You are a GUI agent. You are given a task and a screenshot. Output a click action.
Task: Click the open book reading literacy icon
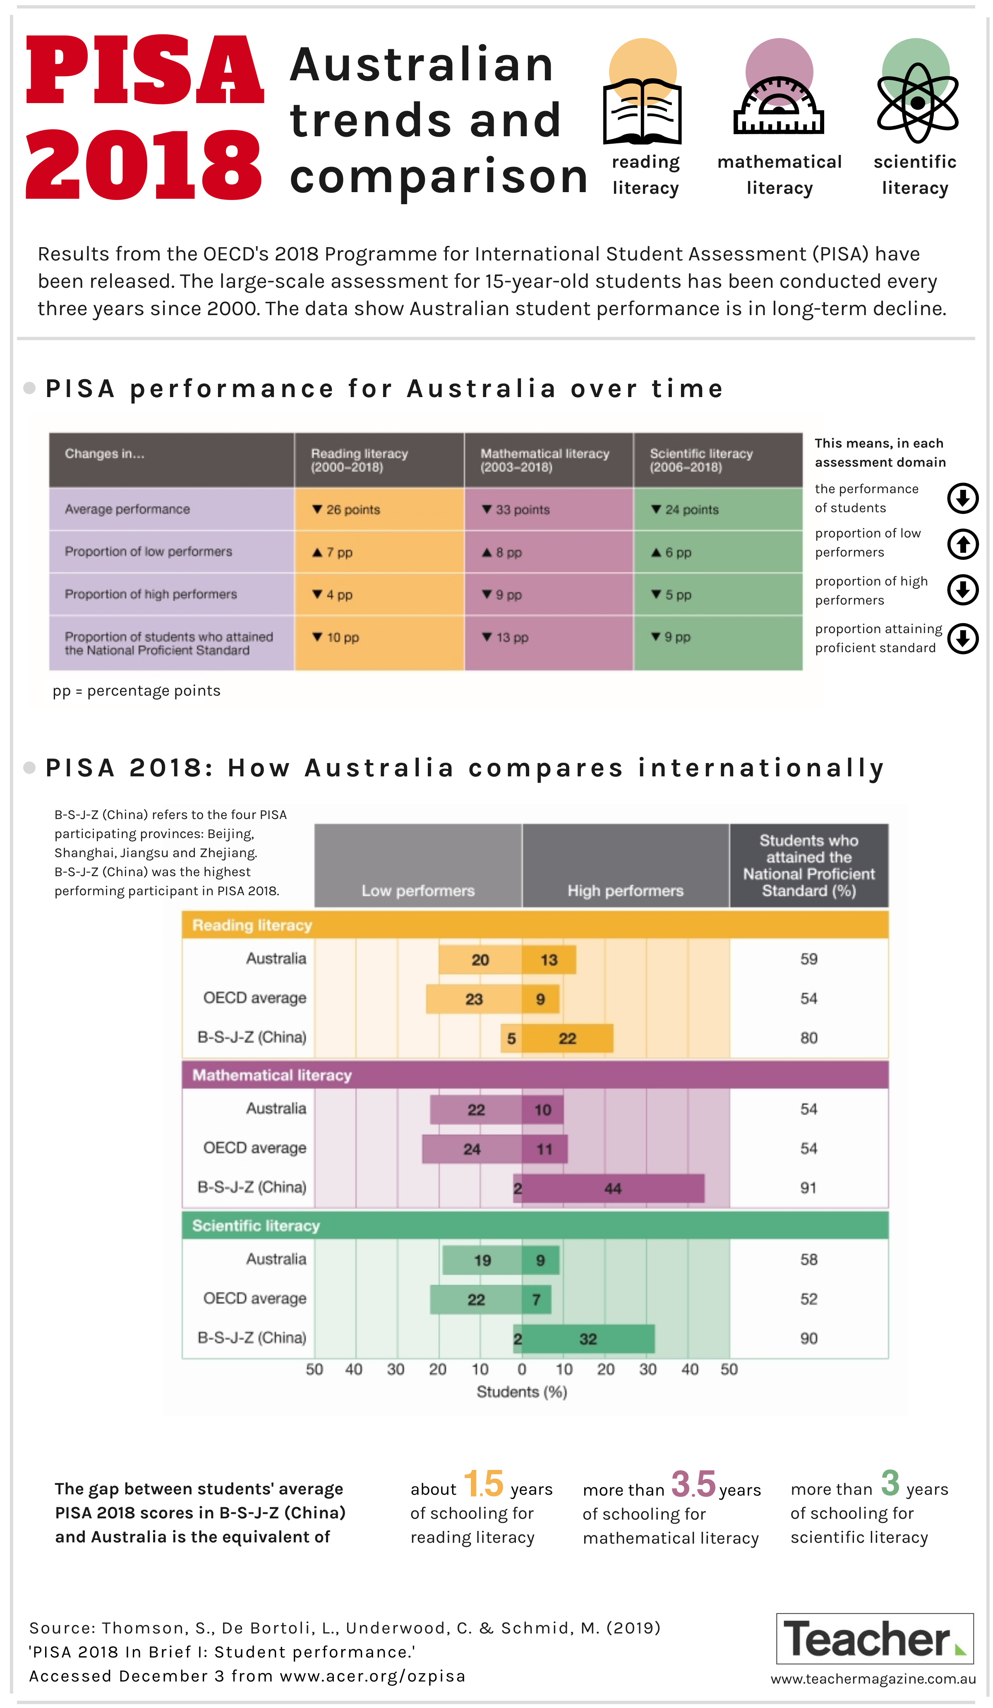(x=642, y=111)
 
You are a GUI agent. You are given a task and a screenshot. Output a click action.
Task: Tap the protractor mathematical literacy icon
(x=779, y=105)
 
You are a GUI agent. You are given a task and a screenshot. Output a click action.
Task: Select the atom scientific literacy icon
(x=917, y=103)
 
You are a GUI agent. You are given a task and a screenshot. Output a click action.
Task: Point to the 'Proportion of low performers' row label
(x=149, y=552)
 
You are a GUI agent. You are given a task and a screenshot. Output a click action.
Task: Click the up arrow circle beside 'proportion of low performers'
(x=962, y=544)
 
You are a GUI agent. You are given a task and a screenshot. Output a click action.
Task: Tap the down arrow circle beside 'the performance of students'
(x=962, y=498)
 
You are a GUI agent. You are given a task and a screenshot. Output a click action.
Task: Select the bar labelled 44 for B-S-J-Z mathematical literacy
(x=613, y=1188)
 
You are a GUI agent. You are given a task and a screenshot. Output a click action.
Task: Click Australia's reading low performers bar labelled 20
(x=480, y=960)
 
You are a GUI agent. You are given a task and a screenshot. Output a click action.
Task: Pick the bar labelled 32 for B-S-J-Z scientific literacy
(x=588, y=1339)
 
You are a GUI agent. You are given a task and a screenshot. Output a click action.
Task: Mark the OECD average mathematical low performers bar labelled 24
(x=472, y=1149)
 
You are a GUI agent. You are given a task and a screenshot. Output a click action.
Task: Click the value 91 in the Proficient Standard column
(x=808, y=1188)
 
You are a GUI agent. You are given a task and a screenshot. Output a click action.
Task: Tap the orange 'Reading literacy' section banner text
(x=252, y=925)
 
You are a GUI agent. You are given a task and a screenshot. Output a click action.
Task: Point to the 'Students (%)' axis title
(x=522, y=1392)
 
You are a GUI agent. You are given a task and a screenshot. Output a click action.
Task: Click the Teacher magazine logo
(x=875, y=1639)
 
